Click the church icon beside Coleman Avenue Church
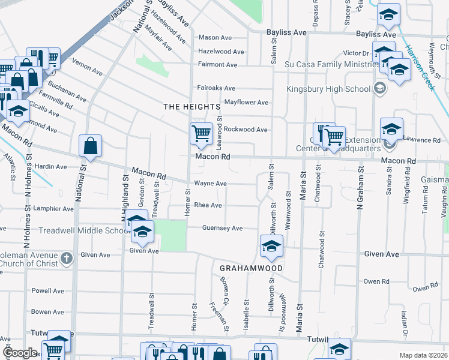67,258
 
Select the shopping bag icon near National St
90,146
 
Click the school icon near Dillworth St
271,245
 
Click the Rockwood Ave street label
246,130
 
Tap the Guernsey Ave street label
222,228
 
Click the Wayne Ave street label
210,184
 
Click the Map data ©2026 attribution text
423,355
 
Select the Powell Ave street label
48,291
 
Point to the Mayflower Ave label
246,103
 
